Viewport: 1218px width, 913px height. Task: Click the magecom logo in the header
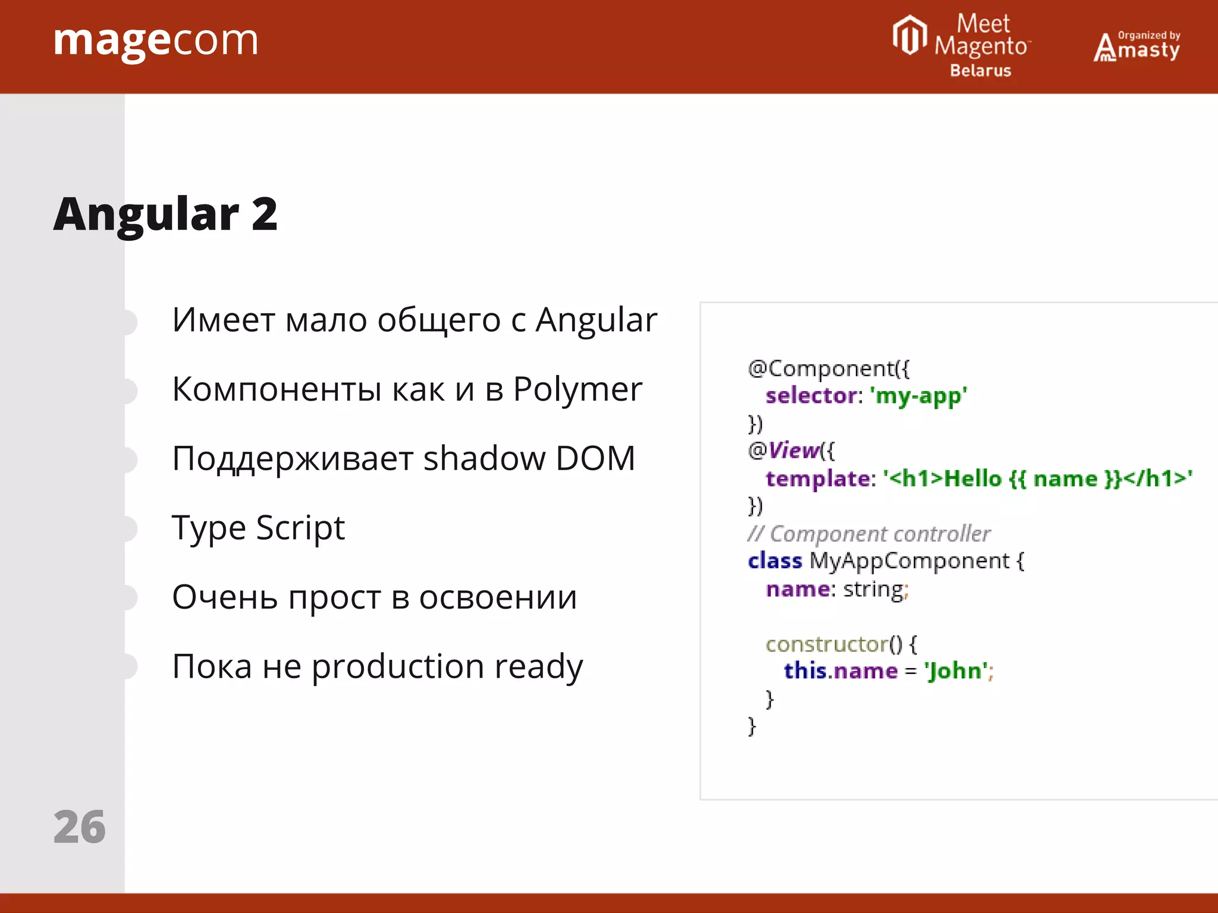point(156,42)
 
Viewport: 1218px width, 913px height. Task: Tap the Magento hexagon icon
point(909,35)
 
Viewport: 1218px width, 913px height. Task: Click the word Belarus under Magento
point(980,71)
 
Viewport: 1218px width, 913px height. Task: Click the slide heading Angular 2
point(165,214)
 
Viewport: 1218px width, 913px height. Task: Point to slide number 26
point(79,827)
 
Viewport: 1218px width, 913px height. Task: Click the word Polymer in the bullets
point(577,390)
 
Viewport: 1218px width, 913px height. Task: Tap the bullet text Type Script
point(258,528)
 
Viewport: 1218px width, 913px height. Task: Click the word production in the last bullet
point(398,666)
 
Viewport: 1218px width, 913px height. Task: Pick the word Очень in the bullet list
point(224,597)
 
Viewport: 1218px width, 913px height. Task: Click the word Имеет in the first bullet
point(224,320)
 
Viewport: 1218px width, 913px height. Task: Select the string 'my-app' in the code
point(918,396)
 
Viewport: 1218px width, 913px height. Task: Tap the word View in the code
point(793,451)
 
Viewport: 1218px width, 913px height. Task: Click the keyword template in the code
point(818,478)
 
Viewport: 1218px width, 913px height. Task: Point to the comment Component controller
point(880,534)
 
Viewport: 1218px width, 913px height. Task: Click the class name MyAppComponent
point(909,561)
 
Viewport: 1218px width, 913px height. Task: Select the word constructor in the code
point(827,644)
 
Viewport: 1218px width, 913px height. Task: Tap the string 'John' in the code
point(956,671)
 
